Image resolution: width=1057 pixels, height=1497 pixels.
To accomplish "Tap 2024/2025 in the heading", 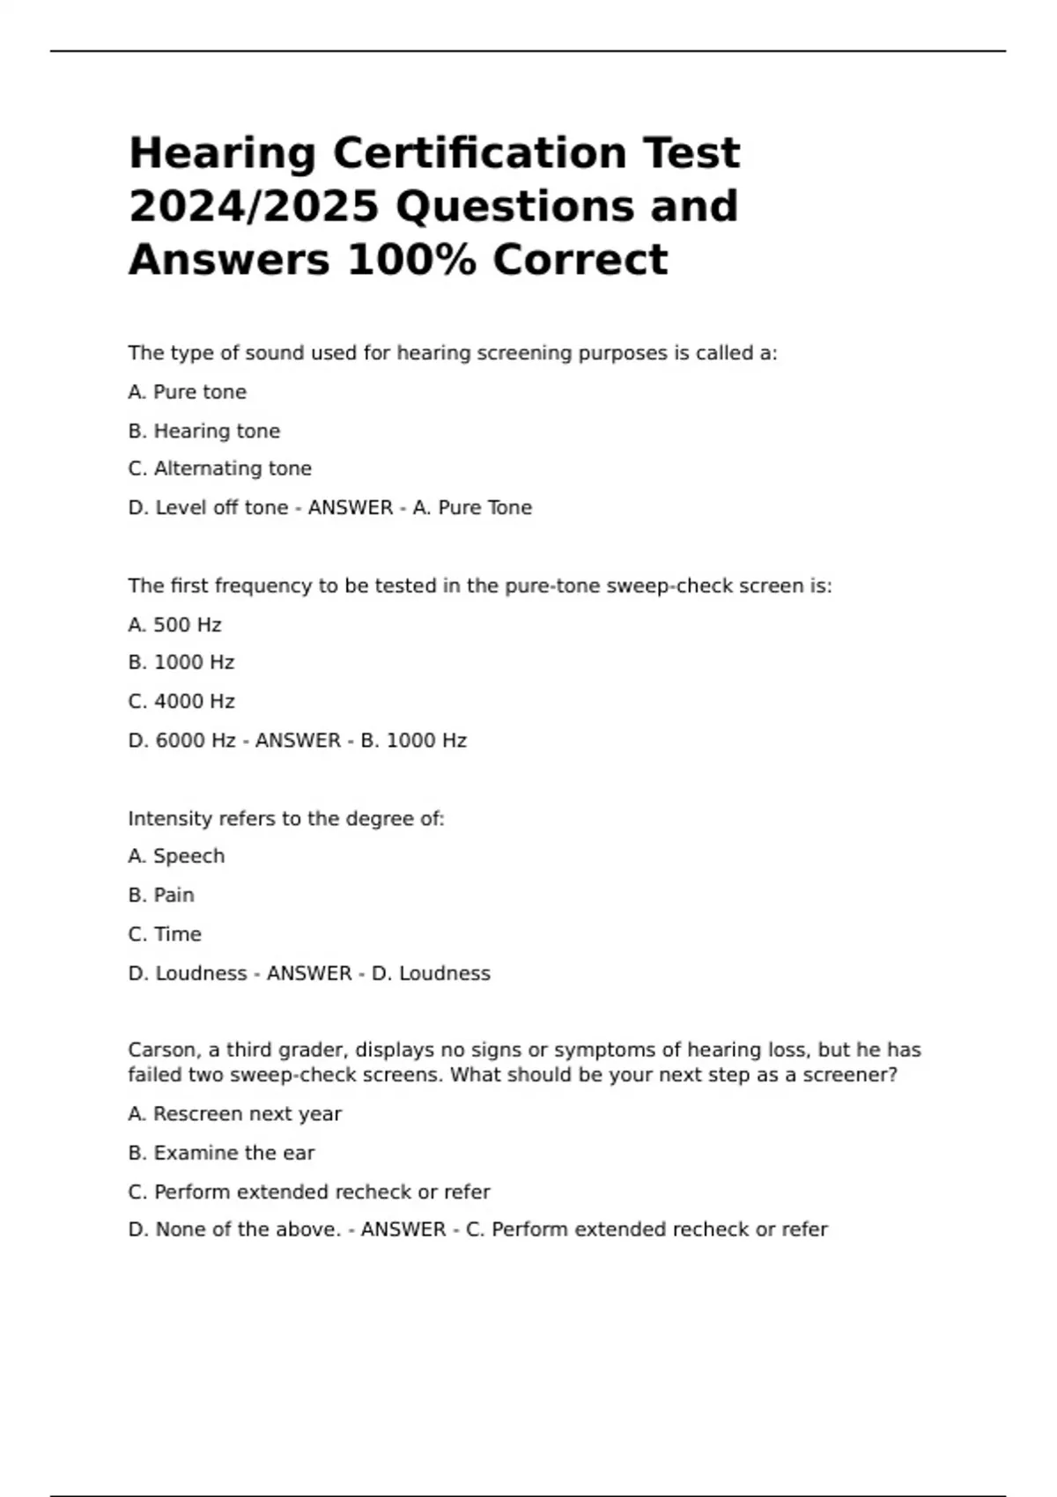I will click(254, 207).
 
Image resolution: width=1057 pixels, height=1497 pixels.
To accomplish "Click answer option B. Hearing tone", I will click(204, 431).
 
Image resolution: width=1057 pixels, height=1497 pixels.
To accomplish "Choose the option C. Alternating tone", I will click(219, 468).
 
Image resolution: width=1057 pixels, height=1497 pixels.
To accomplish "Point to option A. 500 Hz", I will click(174, 624).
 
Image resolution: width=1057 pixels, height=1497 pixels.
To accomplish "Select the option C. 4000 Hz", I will click(181, 701).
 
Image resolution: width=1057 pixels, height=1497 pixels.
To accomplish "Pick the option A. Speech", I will click(176, 856).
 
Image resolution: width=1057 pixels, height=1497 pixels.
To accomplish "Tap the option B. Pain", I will click(161, 895).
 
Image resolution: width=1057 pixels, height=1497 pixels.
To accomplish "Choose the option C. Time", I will click(165, 933).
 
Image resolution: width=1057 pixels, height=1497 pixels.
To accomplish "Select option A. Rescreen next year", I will click(234, 1114).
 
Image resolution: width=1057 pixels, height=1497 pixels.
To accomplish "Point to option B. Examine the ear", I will click(221, 1153).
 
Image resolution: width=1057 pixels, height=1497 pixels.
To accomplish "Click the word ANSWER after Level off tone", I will click(351, 508).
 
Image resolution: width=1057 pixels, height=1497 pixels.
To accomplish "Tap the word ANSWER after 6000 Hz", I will click(298, 741).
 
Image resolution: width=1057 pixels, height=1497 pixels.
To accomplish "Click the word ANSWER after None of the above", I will click(403, 1229).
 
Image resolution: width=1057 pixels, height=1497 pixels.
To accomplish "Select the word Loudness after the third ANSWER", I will click(444, 973).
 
